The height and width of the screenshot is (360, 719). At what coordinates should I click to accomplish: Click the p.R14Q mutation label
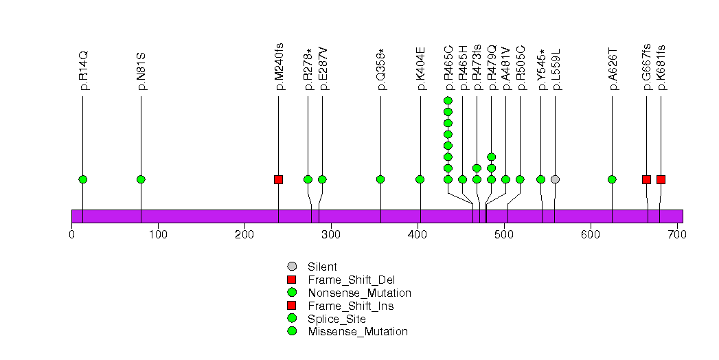[83, 70]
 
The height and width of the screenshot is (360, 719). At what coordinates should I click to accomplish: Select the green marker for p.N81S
[141, 179]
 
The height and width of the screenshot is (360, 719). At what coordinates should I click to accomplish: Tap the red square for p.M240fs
[278, 179]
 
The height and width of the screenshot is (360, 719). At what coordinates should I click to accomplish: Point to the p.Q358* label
[380, 69]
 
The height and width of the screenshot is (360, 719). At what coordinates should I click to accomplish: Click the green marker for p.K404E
[420, 179]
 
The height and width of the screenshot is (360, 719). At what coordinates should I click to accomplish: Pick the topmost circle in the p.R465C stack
[448, 101]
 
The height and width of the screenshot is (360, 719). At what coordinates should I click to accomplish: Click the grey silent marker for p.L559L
[555, 179]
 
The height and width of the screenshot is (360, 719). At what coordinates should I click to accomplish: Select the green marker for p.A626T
[612, 179]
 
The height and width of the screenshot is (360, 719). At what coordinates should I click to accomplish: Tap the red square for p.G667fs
[646, 179]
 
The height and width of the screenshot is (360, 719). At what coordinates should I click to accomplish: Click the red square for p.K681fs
[661, 179]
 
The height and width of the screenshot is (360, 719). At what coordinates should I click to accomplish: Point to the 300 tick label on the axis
[331, 235]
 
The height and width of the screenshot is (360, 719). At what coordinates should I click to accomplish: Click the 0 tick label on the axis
[72, 235]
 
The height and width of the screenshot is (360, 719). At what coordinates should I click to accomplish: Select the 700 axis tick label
[677, 235]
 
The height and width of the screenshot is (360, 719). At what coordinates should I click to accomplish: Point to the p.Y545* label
[541, 69]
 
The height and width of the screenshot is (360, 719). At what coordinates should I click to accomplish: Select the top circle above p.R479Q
[491, 157]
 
